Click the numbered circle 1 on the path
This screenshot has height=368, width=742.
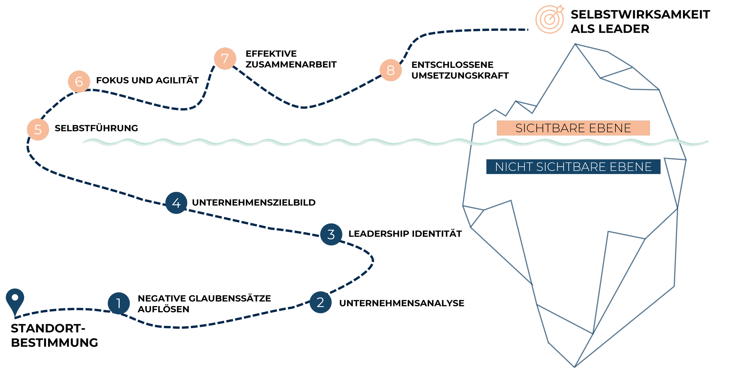click(x=119, y=303)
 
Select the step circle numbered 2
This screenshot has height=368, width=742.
click(x=320, y=302)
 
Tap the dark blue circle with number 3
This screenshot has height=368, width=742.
click(x=331, y=234)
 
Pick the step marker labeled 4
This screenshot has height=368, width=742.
click(x=176, y=203)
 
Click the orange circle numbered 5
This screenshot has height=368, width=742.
click(x=38, y=130)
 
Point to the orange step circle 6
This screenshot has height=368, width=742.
click(x=79, y=82)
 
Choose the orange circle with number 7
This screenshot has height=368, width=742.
click(x=225, y=58)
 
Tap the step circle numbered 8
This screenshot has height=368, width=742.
click(x=391, y=70)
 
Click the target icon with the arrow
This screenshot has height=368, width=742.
click(x=550, y=19)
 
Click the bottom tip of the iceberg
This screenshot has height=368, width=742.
click(x=575, y=367)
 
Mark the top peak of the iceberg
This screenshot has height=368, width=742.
click(x=575, y=44)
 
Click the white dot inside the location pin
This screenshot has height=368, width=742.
click(x=15, y=297)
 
